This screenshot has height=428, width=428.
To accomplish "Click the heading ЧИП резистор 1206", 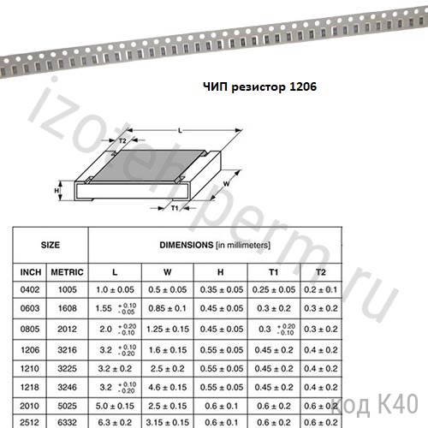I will pyautogui.click(x=255, y=86).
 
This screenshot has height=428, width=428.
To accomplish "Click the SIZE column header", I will pyautogui.click(x=51, y=243).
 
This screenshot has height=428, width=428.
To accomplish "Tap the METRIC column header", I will pyautogui.click(x=67, y=271).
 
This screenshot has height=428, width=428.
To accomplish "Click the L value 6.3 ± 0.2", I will pyautogui.click(x=114, y=421).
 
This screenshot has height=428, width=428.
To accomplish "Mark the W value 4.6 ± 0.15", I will pyautogui.click(x=168, y=388).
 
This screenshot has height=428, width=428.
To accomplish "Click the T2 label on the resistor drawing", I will pyautogui.click(x=122, y=140).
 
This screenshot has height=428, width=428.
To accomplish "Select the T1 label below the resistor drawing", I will pyautogui.click(x=175, y=208).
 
